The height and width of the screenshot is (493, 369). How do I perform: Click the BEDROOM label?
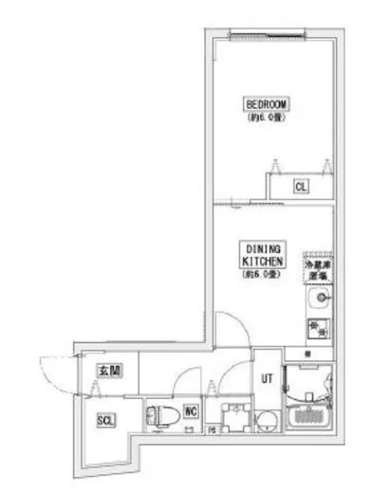pos(267,104)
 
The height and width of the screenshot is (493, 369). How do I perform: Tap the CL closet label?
pos(300,187)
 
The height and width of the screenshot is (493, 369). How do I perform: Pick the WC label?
pos(190,411)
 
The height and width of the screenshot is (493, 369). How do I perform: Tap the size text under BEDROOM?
pos(267,119)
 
